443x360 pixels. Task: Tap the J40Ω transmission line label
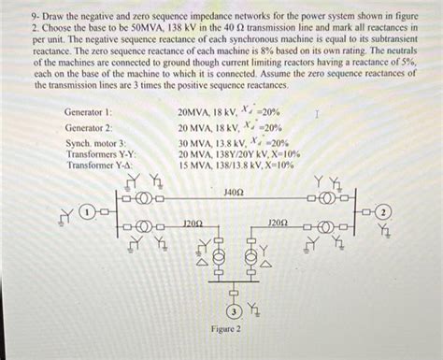point(234,191)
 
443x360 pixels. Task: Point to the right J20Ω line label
point(278,224)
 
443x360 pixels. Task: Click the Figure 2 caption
point(226,330)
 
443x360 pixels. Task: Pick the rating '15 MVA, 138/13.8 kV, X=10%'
point(236,165)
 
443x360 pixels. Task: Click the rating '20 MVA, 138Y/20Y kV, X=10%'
point(238,153)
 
